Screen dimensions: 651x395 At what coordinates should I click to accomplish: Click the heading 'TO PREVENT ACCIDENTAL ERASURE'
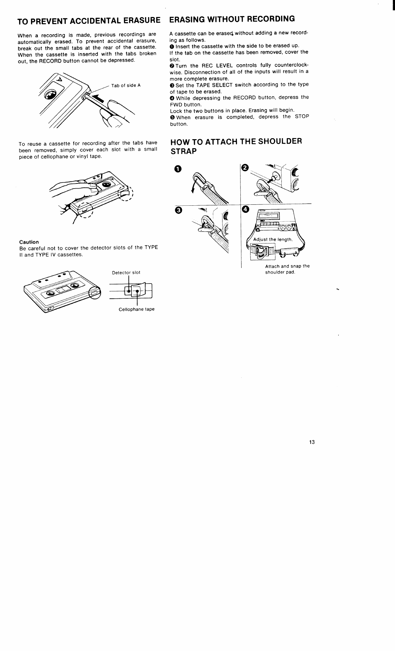89,21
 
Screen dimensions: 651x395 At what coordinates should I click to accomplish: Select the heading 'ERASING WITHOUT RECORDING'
232,19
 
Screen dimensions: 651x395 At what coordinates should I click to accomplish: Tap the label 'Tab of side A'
126,86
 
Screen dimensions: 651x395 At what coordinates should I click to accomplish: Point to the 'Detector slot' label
126,273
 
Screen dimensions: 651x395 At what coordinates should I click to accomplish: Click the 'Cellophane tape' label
137,309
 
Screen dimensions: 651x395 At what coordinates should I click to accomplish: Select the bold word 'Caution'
29,242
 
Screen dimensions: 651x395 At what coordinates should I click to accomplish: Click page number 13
312,442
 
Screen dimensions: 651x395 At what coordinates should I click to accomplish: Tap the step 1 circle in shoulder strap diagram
176,169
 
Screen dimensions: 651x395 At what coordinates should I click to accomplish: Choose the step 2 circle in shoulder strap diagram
245,168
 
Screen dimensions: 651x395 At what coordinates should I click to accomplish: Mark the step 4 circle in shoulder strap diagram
246,210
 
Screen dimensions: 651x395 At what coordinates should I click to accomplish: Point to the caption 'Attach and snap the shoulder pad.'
287,269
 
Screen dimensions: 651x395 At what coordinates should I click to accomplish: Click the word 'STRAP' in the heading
183,151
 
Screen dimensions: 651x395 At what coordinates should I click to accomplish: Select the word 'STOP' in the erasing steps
302,117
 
